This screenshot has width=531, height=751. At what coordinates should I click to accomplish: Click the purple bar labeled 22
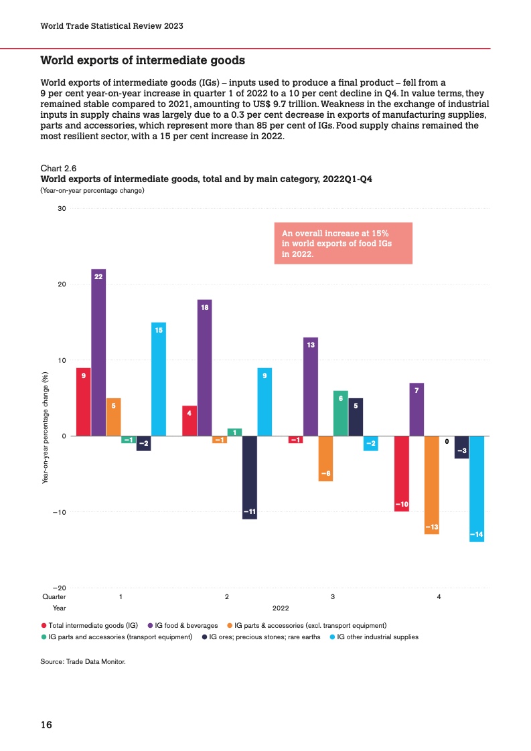pyautogui.click(x=98, y=352)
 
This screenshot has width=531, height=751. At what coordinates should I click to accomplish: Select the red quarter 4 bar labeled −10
pyautogui.click(x=402, y=473)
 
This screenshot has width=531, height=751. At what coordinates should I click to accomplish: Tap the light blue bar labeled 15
pyautogui.click(x=159, y=379)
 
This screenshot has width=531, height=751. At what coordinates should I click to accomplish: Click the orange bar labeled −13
pyautogui.click(x=432, y=485)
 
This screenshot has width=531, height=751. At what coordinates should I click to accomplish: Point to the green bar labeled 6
pyautogui.click(x=341, y=413)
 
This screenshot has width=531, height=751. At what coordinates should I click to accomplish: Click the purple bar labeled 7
pyautogui.click(x=416, y=409)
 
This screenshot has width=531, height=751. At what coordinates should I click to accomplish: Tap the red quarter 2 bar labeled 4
pyautogui.click(x=189, y=420)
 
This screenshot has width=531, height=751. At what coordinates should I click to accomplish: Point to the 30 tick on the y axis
pyautogui.click(x=61, y=209)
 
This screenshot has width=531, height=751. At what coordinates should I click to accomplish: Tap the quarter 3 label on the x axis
pyautogui.click(x=333, y=596)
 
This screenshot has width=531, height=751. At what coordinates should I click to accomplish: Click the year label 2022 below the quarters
pyautogui.click(x=280, y=607)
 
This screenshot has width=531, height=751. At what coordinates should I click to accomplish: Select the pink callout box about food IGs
pyautogui.click(x=343, y=243)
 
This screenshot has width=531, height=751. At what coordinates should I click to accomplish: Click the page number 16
pyautogui.click(x=47, y=724)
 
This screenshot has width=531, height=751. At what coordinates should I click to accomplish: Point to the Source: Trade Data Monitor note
pyautogui.click(x=83, y=661)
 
